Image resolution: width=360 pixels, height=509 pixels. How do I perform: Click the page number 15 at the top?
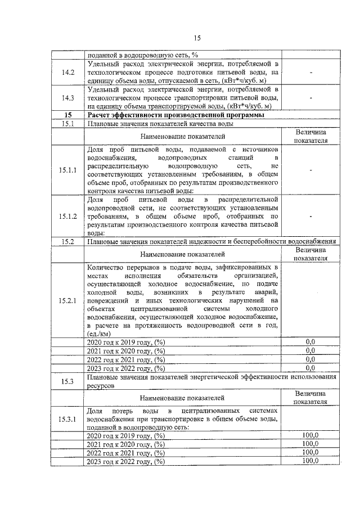point(197,38)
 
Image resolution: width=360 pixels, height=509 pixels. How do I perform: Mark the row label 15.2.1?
point(68,300)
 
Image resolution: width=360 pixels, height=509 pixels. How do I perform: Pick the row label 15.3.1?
point(68,419)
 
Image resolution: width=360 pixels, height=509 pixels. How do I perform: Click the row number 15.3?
point(68,382)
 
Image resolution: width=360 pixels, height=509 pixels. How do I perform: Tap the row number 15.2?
point(68,241)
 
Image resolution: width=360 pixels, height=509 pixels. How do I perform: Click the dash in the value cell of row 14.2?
point(310,72)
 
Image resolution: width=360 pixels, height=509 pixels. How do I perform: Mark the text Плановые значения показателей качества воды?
point(160,123)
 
